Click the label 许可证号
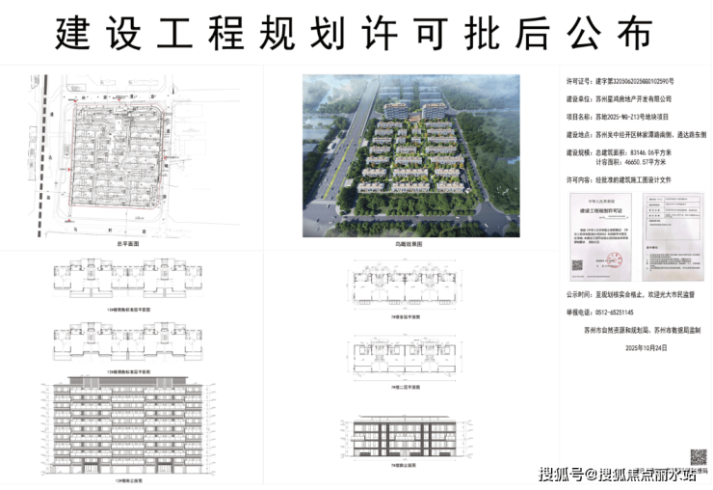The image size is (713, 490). [576, 82]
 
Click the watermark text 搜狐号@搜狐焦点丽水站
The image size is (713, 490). [617, 474]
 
